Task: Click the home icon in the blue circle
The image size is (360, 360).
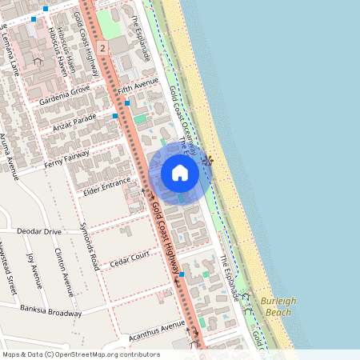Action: pos(180,173)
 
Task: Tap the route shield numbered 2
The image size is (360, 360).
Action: pos(103,49)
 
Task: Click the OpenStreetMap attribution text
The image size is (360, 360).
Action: pos(80,354)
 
